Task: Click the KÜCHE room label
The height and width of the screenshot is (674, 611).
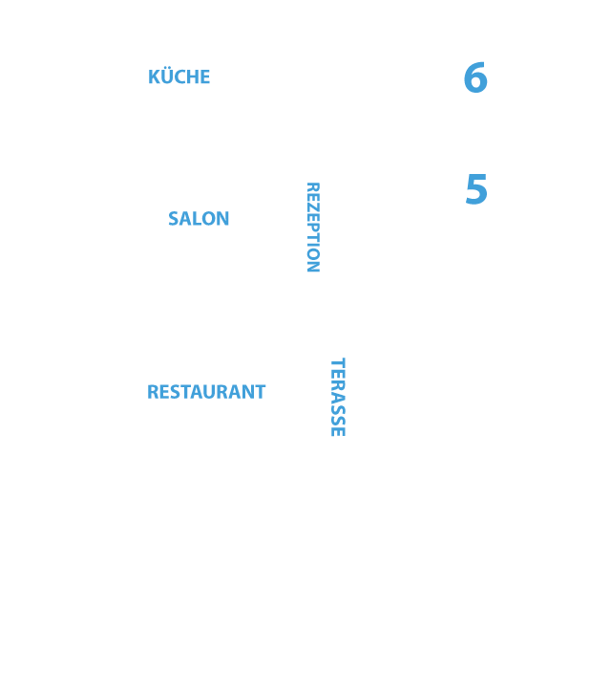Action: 179,76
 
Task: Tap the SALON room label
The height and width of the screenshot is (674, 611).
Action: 199,218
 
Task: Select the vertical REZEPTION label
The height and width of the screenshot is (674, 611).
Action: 313,228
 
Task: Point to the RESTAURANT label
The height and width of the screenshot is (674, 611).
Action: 206,392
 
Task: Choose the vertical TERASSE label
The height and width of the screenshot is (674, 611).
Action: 338,397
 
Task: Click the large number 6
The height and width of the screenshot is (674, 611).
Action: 475,77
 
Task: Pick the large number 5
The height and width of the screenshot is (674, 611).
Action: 476,189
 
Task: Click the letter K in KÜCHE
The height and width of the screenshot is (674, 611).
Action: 154,76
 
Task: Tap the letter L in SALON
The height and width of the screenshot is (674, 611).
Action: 196,218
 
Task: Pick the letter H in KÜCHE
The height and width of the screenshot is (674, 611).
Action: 192,76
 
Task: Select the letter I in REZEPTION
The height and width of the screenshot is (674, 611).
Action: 313,249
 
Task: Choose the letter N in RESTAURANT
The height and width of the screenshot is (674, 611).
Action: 248,392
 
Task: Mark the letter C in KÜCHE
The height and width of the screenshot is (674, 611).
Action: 179,76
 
